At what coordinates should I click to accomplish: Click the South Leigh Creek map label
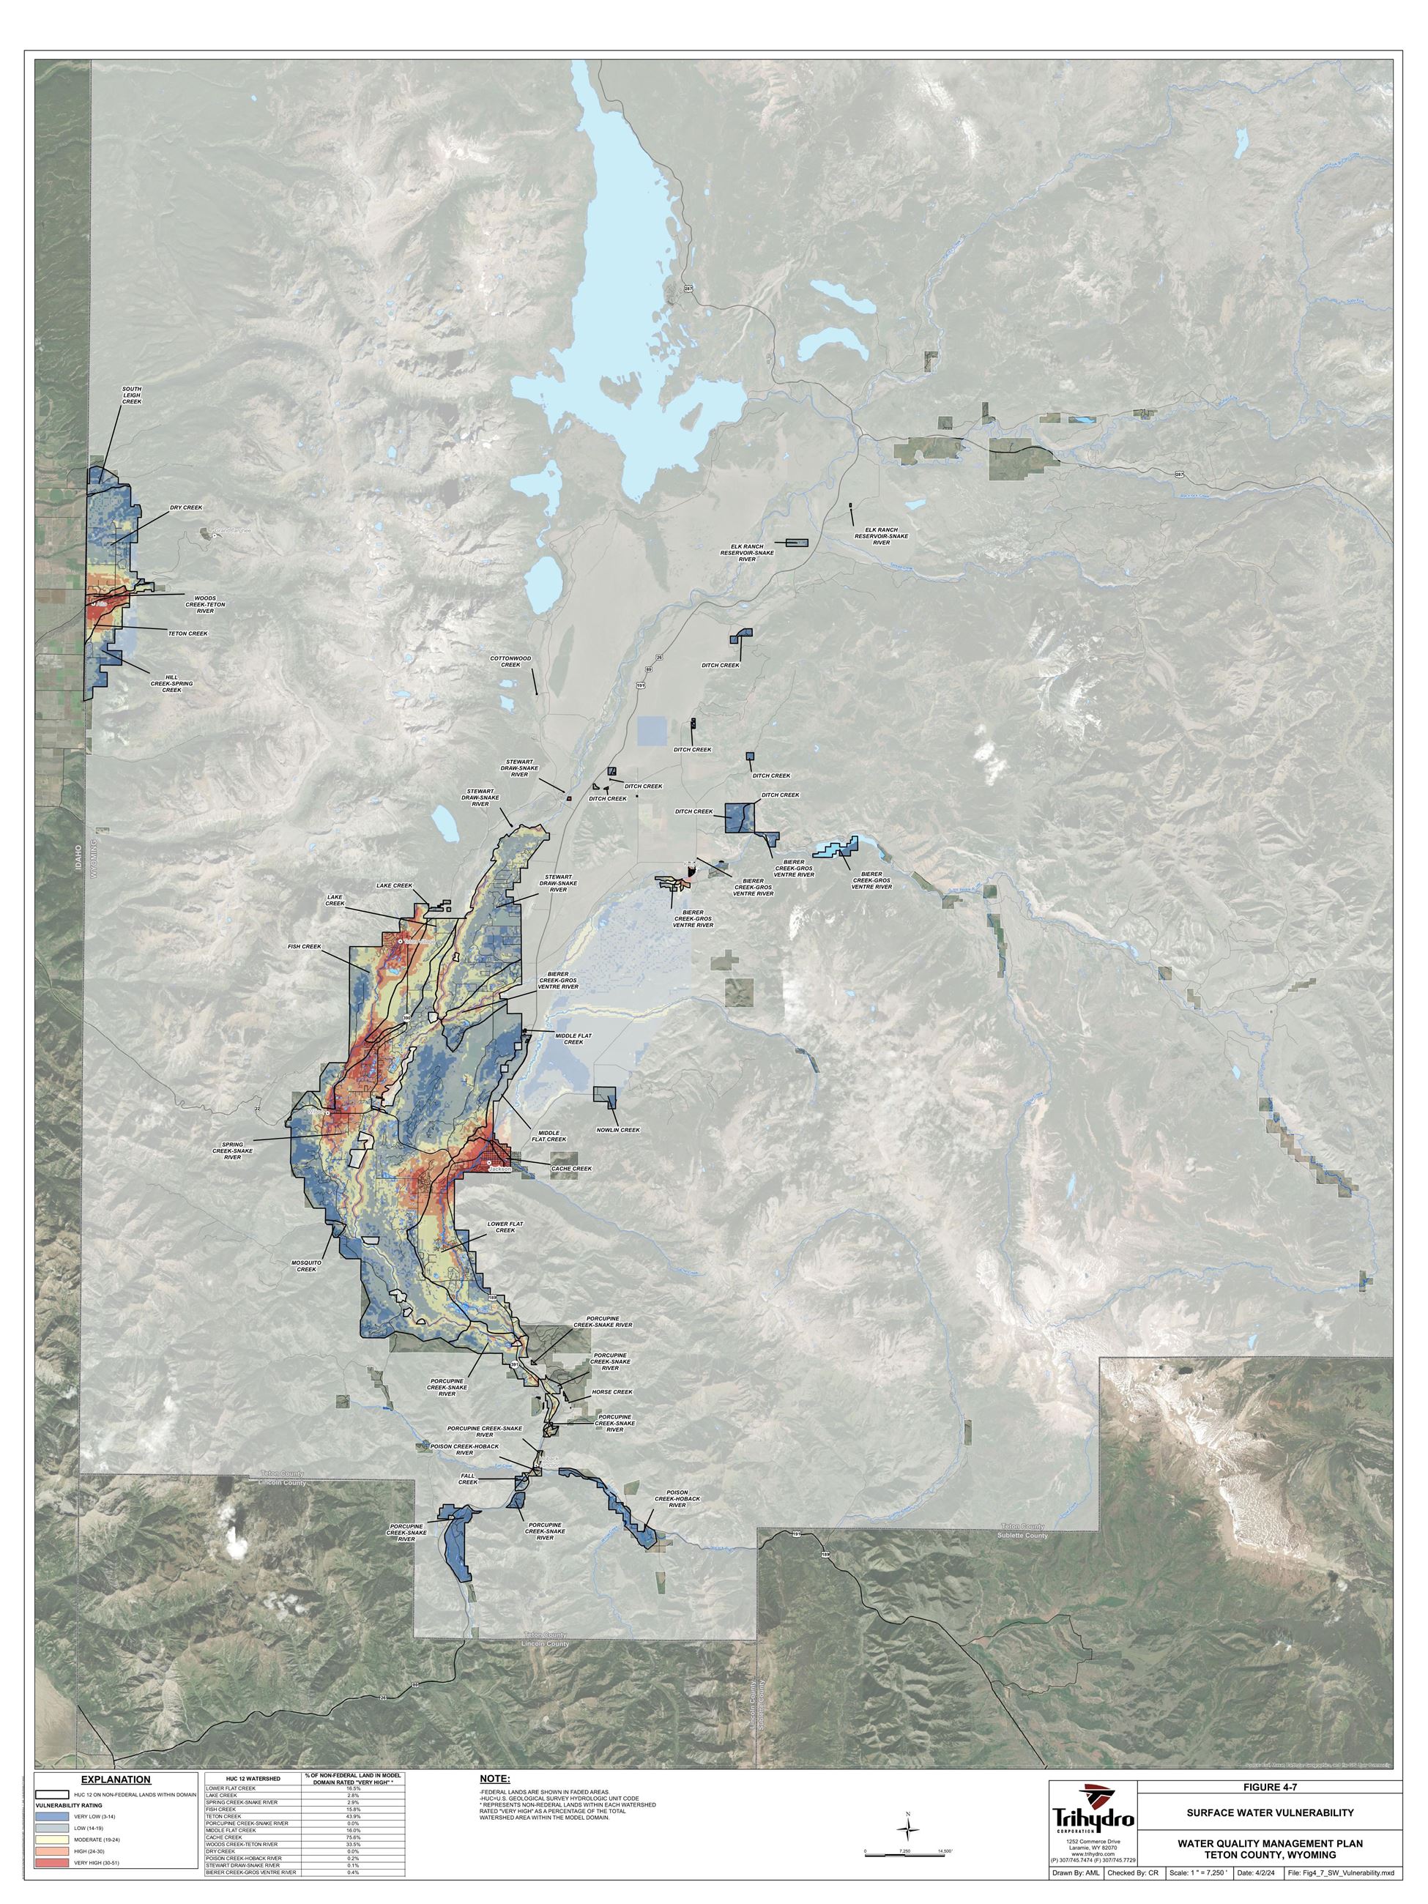point(132,395)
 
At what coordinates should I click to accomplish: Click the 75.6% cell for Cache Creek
point(355,1836)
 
